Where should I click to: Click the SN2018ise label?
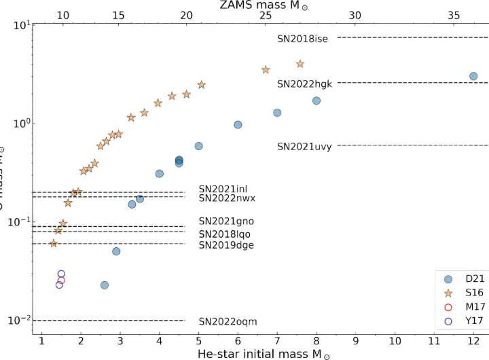click(303, 39)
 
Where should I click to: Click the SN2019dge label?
click(226, 245)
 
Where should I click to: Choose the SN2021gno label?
click(226, 221)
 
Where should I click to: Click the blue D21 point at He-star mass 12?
click(473, 76)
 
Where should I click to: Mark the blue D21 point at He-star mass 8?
click(316, 101)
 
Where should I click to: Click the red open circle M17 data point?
click(61, 280)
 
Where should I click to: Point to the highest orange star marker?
click(300, 64)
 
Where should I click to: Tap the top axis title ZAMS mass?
click(261, 5)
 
